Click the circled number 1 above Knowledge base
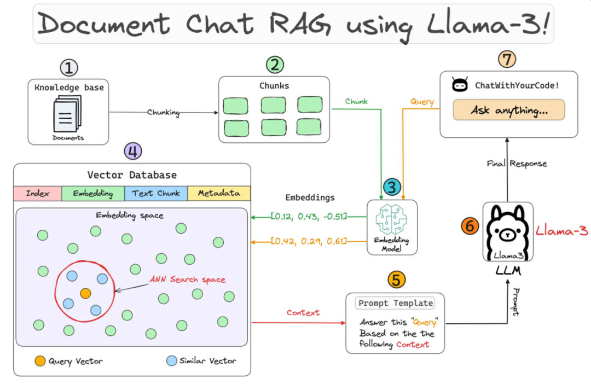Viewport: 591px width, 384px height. [x=68, y=68]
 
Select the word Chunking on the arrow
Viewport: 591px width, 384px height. [x=164, y=112]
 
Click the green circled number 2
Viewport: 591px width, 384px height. [x=274, y=65]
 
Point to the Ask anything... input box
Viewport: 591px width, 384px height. [x=508, y=110]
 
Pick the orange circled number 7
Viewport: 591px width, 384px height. [x=507, y=59]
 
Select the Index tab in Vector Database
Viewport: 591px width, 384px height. [x=38, y=193]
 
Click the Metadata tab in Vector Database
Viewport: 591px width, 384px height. [x=218, y=193]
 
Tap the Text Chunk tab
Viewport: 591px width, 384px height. [x=156, y=193]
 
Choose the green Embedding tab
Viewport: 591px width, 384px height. [x=93, y=193]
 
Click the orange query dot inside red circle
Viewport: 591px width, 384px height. [x=85, y=293]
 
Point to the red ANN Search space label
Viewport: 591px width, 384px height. [x=188, y=280]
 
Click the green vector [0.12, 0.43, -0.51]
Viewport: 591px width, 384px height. [x=309, y=217]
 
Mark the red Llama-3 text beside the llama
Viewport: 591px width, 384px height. [x=561, y=231]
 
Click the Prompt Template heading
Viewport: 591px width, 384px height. [x=395, y=303]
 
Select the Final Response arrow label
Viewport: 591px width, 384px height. [x=517, y=163]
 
